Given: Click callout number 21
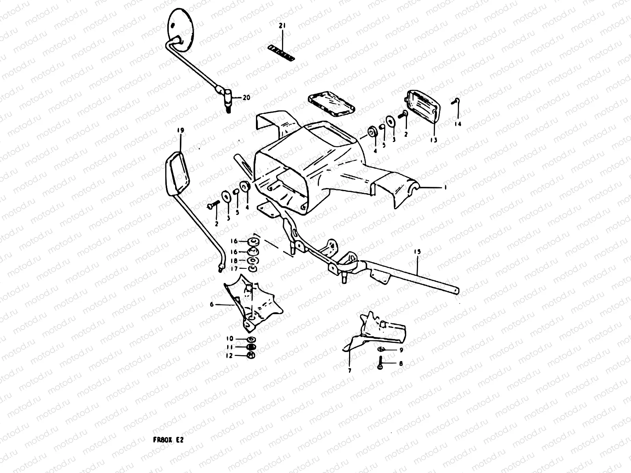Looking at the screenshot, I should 282,26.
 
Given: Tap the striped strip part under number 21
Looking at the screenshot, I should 281,53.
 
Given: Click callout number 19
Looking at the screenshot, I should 180,130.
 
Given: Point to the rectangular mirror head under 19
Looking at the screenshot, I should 177,173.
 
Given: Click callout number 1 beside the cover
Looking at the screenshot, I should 445,188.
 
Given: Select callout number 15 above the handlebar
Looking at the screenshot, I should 418,252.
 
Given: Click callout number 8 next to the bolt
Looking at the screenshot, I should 401,364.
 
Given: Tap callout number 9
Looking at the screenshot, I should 401,350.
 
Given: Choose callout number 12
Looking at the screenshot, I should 229,356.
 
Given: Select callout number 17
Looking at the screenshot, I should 234,269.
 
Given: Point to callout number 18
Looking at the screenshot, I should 234,261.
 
